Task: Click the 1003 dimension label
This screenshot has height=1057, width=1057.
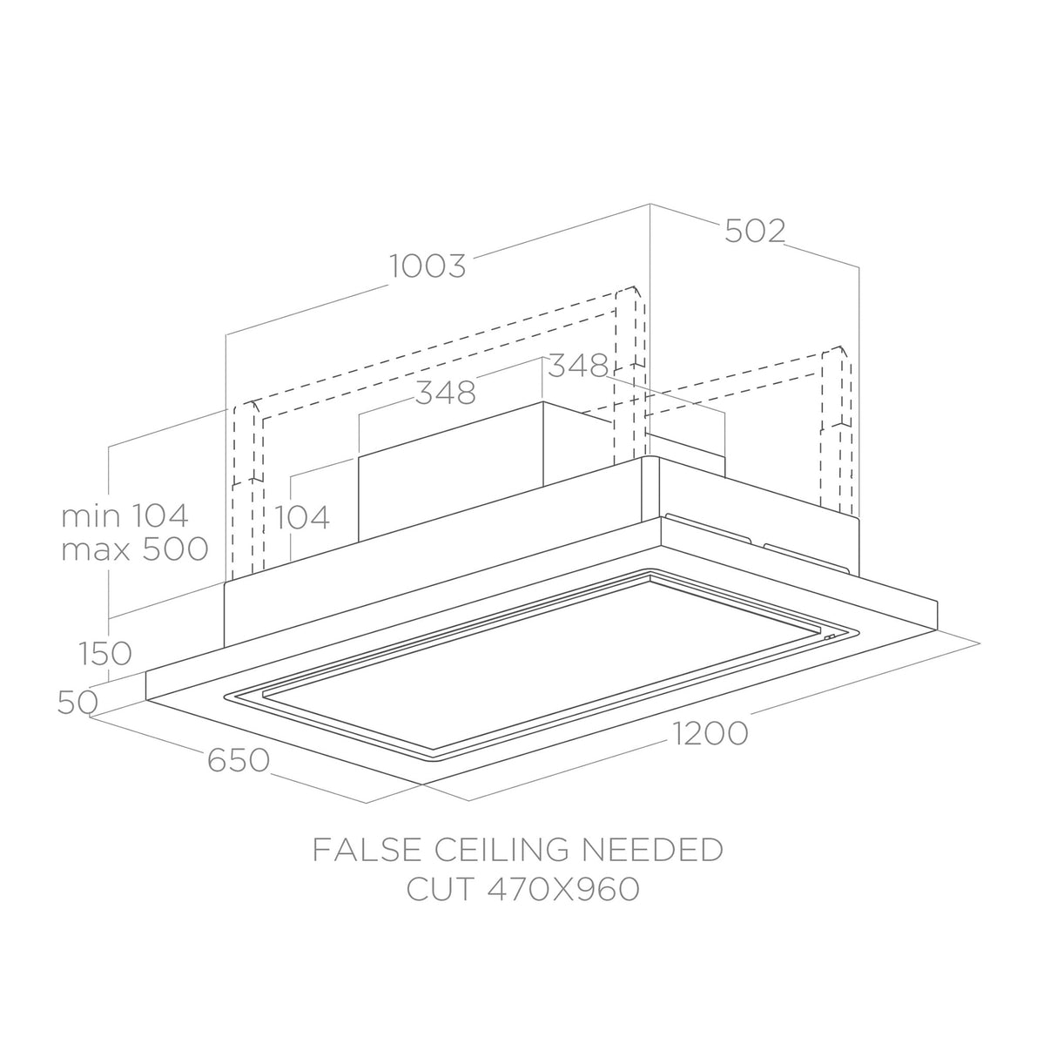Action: [428, 266]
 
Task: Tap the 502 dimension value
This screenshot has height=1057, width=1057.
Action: [756, 231]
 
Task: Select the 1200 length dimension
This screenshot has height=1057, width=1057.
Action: [710, 733]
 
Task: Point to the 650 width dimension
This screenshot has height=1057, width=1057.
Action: [239, 760]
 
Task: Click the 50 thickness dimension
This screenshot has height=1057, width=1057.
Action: [77, 702]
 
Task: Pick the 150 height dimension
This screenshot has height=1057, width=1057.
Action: [104, 653]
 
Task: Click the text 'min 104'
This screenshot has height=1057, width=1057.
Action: [125, 515]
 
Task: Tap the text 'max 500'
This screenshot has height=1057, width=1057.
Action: [134, 549]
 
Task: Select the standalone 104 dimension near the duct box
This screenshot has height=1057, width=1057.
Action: [301, 516]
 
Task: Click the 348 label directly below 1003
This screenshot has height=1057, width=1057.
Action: [445, 393]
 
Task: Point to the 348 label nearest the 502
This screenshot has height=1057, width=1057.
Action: [578, 366]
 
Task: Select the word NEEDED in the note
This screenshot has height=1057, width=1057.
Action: [652, 850]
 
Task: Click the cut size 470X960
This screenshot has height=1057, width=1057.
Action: [562, 889]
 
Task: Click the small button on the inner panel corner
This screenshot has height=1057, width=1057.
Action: [830, 636]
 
